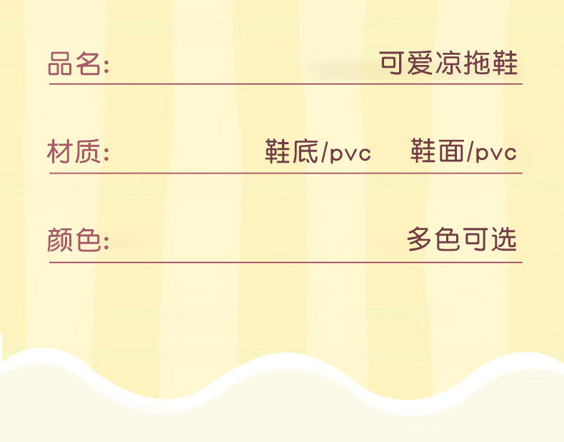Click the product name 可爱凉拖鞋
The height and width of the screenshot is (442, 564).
448,64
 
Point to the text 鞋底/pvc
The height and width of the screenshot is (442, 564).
318,152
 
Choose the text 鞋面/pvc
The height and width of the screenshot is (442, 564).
463,152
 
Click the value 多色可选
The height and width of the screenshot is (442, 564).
462,240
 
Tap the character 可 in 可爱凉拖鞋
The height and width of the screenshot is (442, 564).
392,64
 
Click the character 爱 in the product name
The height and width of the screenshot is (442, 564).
420,64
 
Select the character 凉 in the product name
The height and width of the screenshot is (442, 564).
448,64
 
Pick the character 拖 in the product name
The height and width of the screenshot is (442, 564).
476,64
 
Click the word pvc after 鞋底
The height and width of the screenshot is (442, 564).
351,154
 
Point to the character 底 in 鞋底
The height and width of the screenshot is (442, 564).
305,152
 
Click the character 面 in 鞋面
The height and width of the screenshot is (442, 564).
450,152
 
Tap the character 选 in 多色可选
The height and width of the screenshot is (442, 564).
503,240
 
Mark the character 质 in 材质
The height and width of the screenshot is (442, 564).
89,152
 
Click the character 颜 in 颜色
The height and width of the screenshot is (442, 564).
61,240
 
